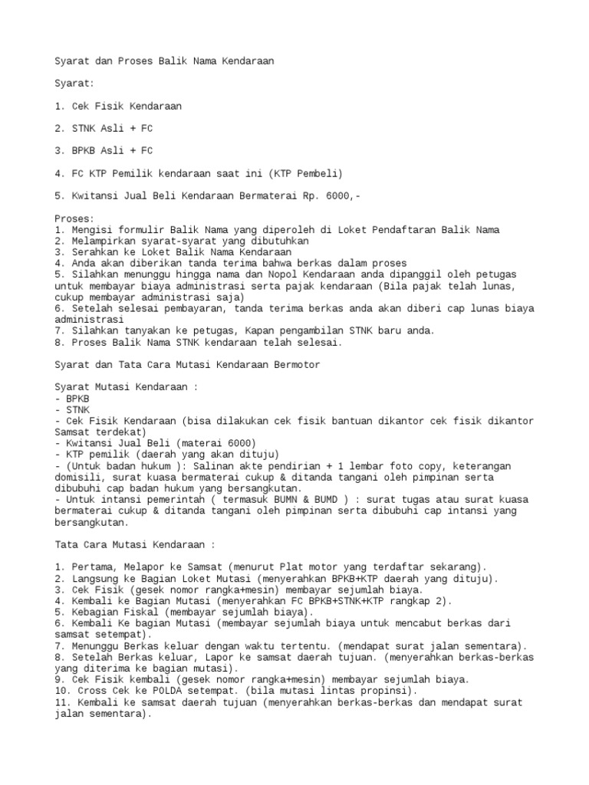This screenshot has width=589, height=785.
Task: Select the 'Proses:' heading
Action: click(x=73, y=218)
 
